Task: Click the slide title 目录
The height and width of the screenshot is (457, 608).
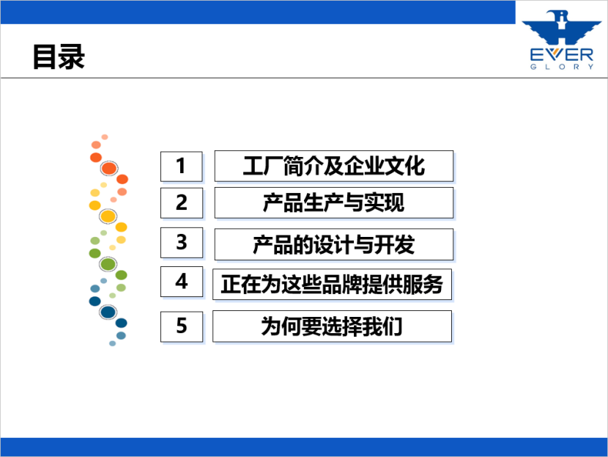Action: (59, 56)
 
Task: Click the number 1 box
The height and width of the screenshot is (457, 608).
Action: (182, 167)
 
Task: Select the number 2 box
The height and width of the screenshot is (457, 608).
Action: (182, 202)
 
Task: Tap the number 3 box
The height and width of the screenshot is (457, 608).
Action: (182, 243)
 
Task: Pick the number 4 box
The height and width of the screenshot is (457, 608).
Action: (182, 282)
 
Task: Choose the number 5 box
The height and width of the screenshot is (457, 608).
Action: (182, 326)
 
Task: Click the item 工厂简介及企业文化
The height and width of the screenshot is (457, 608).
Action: (334, 167)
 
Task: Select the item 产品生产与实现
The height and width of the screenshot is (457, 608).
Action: (334, 202)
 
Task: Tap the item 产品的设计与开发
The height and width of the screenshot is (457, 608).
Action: (334, 244)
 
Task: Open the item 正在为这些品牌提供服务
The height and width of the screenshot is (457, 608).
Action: (333, 284)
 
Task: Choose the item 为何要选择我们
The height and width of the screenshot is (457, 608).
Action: (333, 326)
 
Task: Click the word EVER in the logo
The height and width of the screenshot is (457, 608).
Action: (561, 55)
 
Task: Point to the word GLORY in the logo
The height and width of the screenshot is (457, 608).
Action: (562, 67)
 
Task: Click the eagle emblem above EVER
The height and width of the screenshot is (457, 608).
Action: (561, 27)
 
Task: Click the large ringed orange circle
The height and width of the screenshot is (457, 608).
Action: (109, 169)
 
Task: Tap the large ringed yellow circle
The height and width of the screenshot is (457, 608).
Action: (108, 216)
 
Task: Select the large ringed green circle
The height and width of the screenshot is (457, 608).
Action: (108, 264)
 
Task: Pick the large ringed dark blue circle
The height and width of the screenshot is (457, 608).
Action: (108, 312)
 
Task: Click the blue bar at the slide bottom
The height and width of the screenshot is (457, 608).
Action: (304, 447)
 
